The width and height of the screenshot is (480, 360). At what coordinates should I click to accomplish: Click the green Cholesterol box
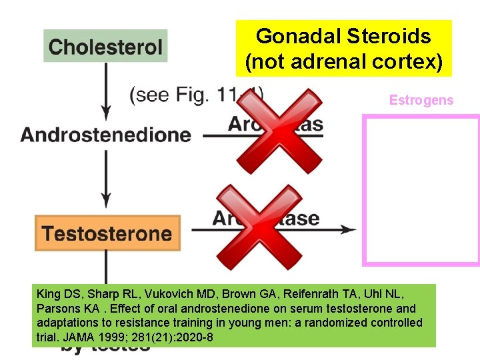(105, 47)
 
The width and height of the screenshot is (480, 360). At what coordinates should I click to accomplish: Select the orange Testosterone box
(107, 233)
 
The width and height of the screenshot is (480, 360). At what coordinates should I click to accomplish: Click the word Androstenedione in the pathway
(105, 135)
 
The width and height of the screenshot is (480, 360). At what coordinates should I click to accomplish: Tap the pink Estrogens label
(421, 101)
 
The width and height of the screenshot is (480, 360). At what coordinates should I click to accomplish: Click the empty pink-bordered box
(421, 190)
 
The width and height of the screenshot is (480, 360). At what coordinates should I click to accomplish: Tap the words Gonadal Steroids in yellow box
(343, 36)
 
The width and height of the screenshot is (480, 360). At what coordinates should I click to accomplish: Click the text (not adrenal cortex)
(343, 62)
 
